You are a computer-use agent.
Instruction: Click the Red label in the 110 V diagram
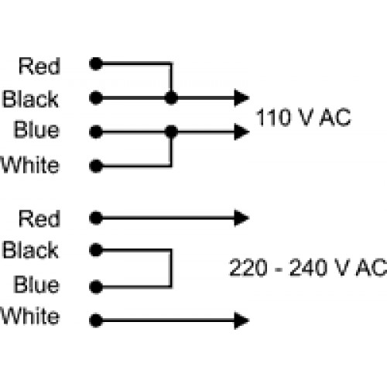point(39,67)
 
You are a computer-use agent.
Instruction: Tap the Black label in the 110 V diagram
point(30,99)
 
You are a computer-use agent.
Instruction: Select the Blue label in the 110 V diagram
point(36,129)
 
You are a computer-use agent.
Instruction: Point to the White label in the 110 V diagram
point(30,165)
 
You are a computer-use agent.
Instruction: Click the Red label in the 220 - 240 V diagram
point(39,218)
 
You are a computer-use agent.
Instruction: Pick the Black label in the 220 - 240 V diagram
point(30,250)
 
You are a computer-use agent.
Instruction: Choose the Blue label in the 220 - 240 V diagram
point(36,285)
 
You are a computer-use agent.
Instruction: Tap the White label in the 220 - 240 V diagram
point(30,316)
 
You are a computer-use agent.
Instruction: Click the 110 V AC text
point(303,118)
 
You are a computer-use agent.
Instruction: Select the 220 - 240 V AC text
point(308,268)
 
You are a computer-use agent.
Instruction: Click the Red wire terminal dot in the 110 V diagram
point(96,63)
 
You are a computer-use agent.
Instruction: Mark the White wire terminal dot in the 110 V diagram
point(96,166)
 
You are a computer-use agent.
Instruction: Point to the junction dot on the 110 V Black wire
point(171,98)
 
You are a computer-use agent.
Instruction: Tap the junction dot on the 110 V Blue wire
point(171,132)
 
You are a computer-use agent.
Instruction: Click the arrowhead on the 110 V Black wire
point(241,98)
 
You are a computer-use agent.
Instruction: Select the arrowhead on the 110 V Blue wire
point(241,132)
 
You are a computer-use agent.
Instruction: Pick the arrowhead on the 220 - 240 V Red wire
point(241,218)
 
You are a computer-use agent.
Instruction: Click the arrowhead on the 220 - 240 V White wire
point(241,320)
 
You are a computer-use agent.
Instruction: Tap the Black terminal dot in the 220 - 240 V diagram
point(96,250)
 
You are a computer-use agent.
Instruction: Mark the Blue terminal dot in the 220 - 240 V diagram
point(96,286)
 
